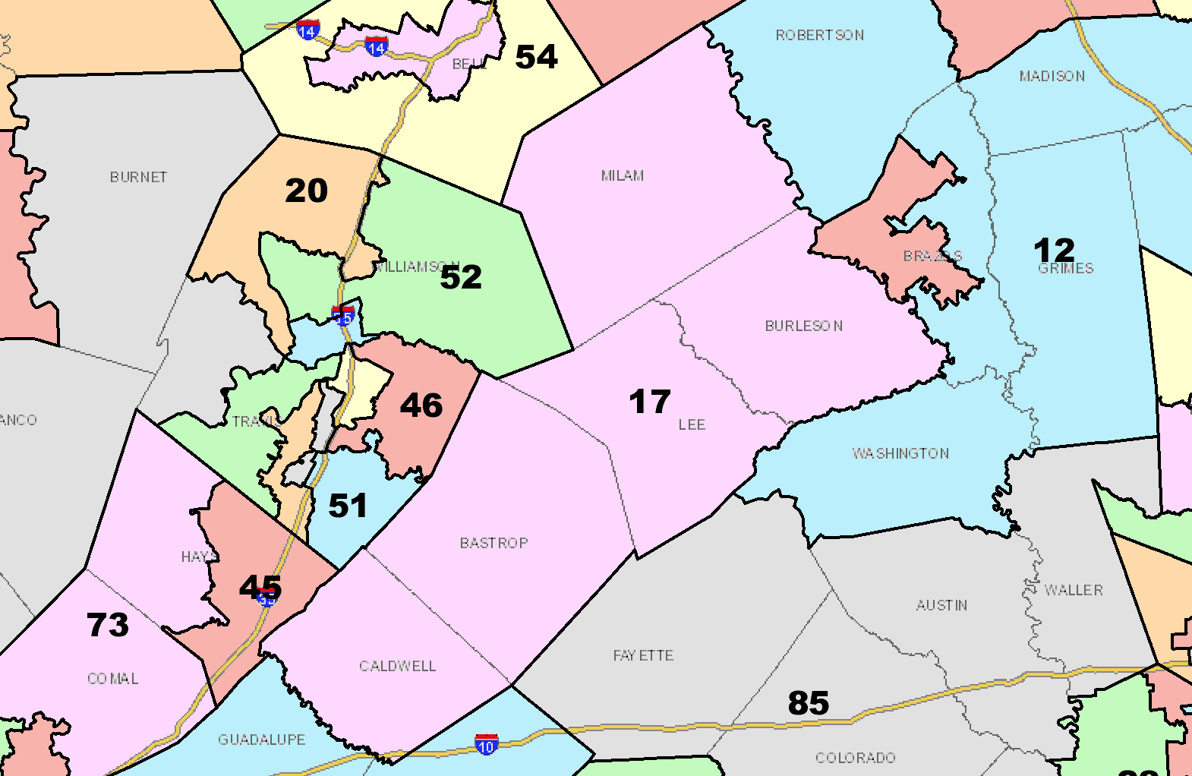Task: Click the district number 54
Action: pos(536,57)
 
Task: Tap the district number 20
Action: pos(306,191)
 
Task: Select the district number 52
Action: pos(461,277)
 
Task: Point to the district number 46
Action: pos(421,405)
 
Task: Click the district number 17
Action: pos(649,402)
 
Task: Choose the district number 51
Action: pos(348,506)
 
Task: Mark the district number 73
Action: pos(108,625)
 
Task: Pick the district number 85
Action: pos(808,703)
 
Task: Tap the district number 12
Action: pos(1054,250)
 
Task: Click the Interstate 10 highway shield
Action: pos(487,744)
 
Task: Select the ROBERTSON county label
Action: pos(820,36)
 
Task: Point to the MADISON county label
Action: pos(1052,77)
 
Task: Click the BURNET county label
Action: pos(138,178)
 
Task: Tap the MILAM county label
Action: pos(623,176)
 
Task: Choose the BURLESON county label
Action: pos(804,326)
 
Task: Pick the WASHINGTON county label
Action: pos(900,454)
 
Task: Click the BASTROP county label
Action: pos(494,544)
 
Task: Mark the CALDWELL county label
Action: pos(398,667)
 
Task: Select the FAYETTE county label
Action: pos(643,656)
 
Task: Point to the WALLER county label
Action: pos(1074,591)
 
